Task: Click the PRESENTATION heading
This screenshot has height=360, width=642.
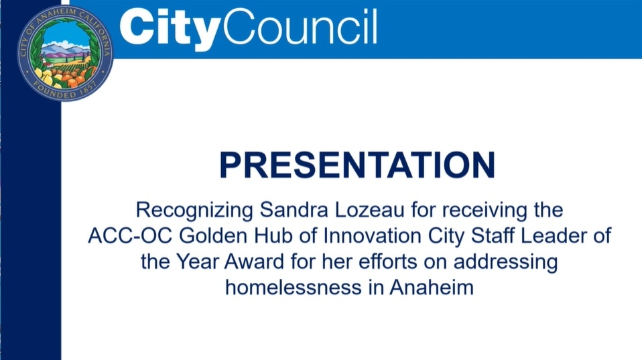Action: [x=357, y=165]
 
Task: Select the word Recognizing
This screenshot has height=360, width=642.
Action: [x=194, y=211]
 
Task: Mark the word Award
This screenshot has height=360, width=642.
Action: [x=254, y=261]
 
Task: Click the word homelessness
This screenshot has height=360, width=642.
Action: [x=293, y=287]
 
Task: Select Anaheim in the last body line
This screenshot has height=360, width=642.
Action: [x=432, y=287]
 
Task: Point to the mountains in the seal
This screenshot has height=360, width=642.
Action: [x=66, y=51]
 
